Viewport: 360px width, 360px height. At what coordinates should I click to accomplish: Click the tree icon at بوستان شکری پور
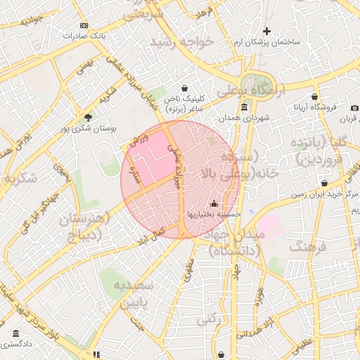(87, 117)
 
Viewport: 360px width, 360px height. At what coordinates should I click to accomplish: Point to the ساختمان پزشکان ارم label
(266, 43)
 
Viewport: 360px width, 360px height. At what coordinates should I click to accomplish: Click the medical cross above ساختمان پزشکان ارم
(266, 31)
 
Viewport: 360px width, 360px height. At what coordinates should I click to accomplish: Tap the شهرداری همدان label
(244, 117)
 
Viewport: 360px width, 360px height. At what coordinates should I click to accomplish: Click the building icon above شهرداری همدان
(244, 107)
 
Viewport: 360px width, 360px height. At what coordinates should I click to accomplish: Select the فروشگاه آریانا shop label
(314, 108)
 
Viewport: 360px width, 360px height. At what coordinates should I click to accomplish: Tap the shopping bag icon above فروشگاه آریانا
(314, 97)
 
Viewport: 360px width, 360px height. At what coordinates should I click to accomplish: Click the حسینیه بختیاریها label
(213, 214)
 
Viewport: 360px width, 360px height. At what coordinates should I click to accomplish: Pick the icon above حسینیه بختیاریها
(214, 204)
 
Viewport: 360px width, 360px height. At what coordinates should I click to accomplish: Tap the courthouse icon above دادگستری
(15, 333)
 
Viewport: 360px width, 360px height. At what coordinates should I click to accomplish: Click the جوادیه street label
(32, 21)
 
